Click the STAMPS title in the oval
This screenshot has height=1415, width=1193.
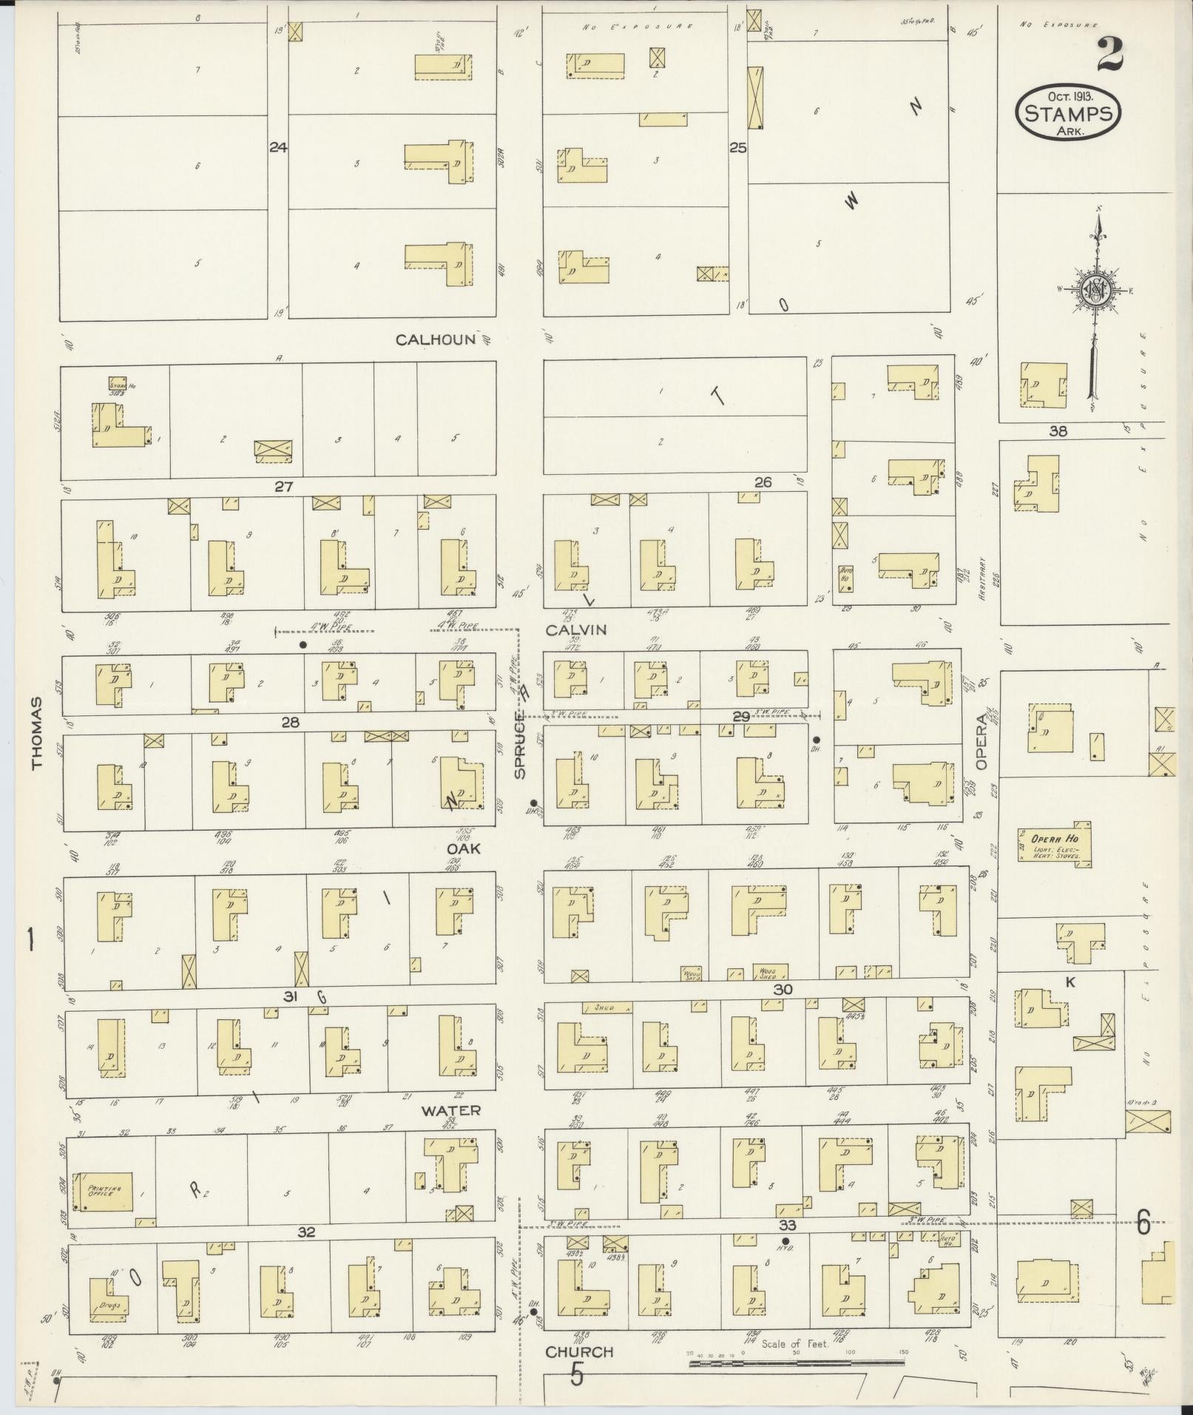[x=1069, y=114]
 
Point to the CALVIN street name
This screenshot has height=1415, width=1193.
[x=576, y=630]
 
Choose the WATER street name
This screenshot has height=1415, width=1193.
[x=451, y=1110]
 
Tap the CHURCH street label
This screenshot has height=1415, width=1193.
[x=579, y=1351]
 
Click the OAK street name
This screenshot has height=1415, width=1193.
[x=463, y=848]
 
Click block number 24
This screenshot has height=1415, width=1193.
[x=278, y=147]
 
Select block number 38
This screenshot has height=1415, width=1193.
[x=1058, y=431]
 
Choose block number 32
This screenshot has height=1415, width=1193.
[x=307, y=1232]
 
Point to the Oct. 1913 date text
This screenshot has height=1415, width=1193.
[x=1070, y=96]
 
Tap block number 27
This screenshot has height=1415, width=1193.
[x=284, y=487]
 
